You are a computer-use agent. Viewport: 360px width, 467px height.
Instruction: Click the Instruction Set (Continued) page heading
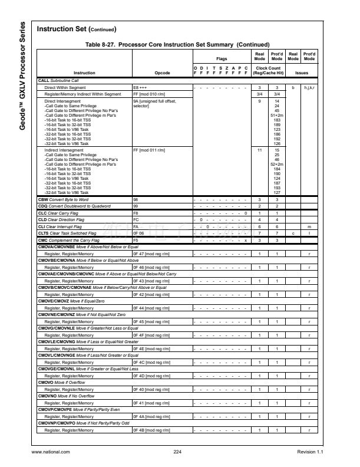pos(77,29)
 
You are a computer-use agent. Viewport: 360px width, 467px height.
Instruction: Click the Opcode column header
pos(162,73)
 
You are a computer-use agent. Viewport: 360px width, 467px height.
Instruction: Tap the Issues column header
pos(301,73)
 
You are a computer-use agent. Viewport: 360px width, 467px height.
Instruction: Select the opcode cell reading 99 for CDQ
pos(135,206)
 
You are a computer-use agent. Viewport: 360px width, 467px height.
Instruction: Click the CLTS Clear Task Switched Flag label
pos(67,233)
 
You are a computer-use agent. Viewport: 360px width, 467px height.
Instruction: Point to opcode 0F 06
pos(138,233)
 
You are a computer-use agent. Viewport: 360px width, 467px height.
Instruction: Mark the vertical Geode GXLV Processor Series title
pos(22,77)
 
